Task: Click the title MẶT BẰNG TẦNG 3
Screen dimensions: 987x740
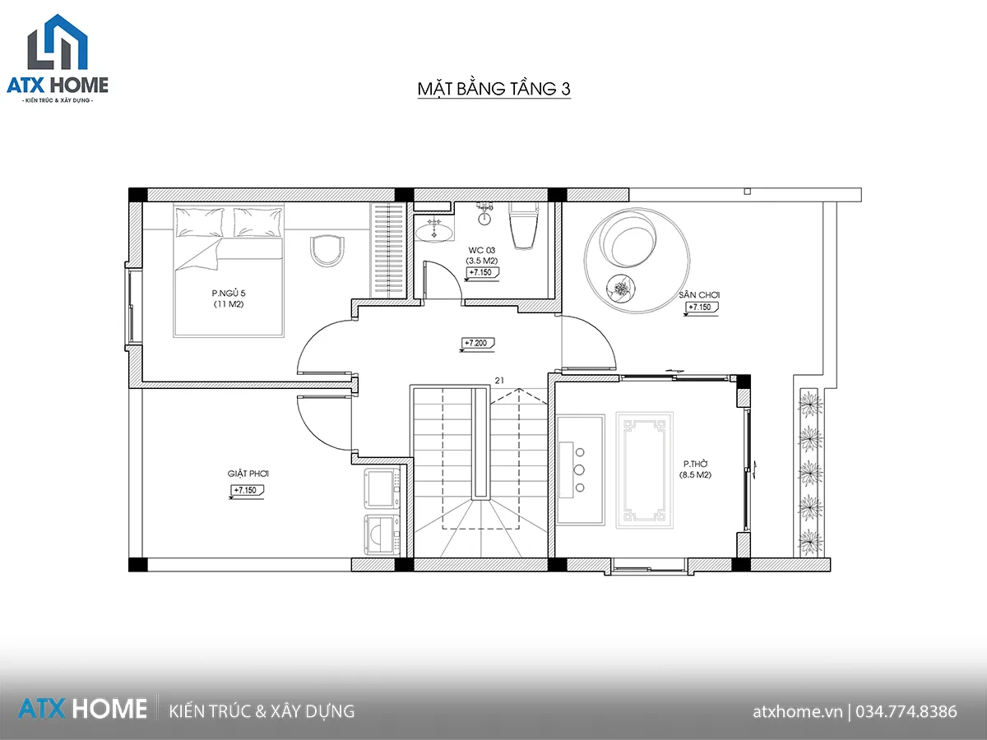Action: (493, 89)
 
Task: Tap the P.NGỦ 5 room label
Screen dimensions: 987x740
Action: (229, 294)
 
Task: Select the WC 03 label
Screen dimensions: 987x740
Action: (482, 250)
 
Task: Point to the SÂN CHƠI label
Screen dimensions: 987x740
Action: (699, 294)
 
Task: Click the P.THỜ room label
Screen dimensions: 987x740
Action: (696, 464)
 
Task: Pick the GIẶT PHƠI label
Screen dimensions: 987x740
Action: (248, 474)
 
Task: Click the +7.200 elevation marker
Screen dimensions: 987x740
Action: (476, 344)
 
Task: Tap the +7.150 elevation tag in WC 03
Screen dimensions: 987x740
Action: (482, 273)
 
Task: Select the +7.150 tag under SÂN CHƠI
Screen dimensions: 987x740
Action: (701, 308)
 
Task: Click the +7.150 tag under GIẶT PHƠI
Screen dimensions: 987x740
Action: (246, 491)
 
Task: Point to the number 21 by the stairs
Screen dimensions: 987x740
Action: (499, 381)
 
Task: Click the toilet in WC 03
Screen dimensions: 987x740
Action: (523, 225)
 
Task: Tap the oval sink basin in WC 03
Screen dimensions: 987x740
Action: (433, 233)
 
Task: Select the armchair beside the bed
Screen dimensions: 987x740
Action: (327, 251)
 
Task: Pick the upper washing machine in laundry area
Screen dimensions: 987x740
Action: (382, 488)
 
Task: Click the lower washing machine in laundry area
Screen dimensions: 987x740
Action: (382, 535)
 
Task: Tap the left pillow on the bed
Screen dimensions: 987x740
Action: (200, 221)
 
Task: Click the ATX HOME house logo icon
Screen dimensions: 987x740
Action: (58, 42)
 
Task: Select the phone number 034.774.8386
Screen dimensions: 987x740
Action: (906, 711)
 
